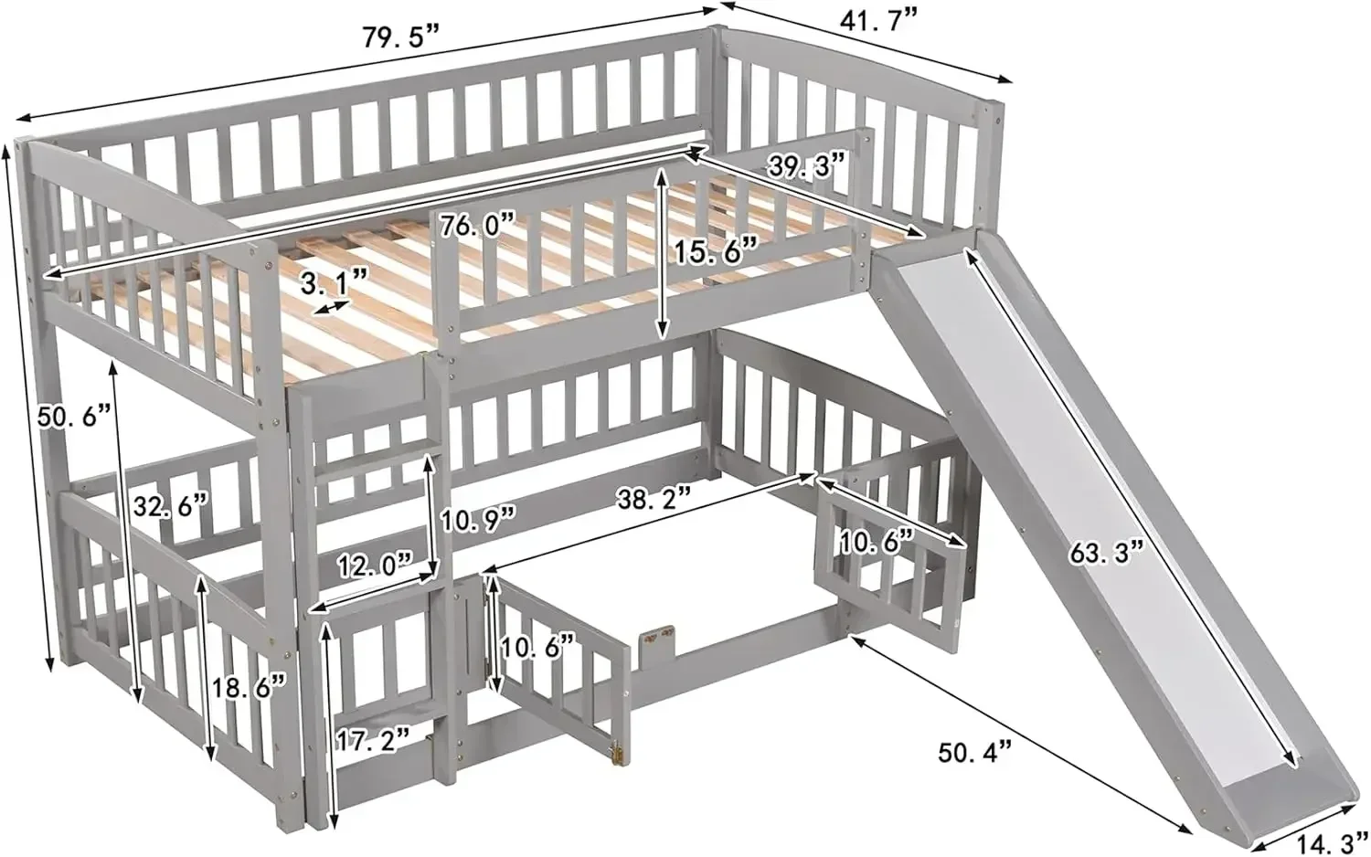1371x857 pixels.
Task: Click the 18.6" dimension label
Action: click(247, 684)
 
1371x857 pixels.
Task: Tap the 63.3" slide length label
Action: click(1106, 551)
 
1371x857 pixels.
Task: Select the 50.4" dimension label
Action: click(976, 753)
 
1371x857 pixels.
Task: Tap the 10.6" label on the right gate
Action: click(877, 540)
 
